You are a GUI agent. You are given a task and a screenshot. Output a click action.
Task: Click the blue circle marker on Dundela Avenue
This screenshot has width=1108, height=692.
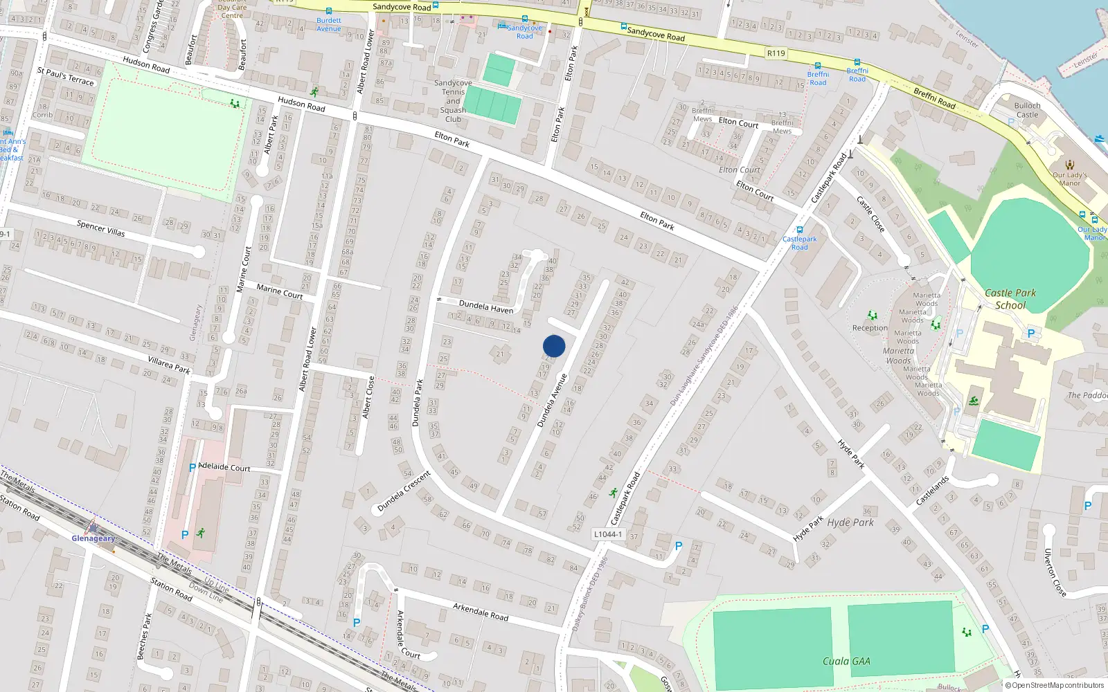coord(554,346)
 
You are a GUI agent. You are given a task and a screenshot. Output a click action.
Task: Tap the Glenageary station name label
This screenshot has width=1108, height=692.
coord(93,538)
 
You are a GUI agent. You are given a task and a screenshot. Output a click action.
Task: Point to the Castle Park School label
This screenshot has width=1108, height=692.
coord(1010,299)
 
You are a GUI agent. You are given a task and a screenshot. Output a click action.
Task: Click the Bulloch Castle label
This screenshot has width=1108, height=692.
coord(1027,110)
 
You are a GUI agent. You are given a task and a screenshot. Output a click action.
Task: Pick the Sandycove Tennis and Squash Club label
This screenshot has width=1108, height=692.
coord(453,101)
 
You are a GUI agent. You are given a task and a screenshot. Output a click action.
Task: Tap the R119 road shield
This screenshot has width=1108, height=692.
coord(776,53)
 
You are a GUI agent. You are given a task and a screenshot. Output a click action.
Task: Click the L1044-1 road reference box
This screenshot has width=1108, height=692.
coord(607,534)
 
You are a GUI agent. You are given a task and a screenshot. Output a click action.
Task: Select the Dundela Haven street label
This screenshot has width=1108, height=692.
coord(486,306)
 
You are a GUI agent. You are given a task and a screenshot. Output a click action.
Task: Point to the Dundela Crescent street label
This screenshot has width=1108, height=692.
coord(404,491)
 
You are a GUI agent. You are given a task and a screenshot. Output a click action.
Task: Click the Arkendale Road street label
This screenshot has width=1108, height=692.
coord(481,611)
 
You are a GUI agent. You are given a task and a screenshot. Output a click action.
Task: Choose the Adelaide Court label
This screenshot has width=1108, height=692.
coord(224,467)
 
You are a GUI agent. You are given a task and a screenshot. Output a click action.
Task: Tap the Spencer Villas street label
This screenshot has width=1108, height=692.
coord(101,228)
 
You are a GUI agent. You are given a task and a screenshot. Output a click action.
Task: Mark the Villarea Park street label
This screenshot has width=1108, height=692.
coord(169,364)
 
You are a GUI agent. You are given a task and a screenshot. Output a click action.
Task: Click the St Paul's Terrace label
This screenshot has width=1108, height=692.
coord(65,76)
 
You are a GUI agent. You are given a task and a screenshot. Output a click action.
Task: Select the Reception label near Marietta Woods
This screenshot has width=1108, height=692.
coord(870,328)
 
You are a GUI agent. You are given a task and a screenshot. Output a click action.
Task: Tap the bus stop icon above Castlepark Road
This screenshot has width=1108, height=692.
coord(800,230)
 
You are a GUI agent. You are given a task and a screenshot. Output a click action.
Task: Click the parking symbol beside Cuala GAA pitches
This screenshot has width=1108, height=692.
coord(985,629)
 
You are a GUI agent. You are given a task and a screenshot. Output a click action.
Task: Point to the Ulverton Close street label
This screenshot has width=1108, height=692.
coord(1055,572)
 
